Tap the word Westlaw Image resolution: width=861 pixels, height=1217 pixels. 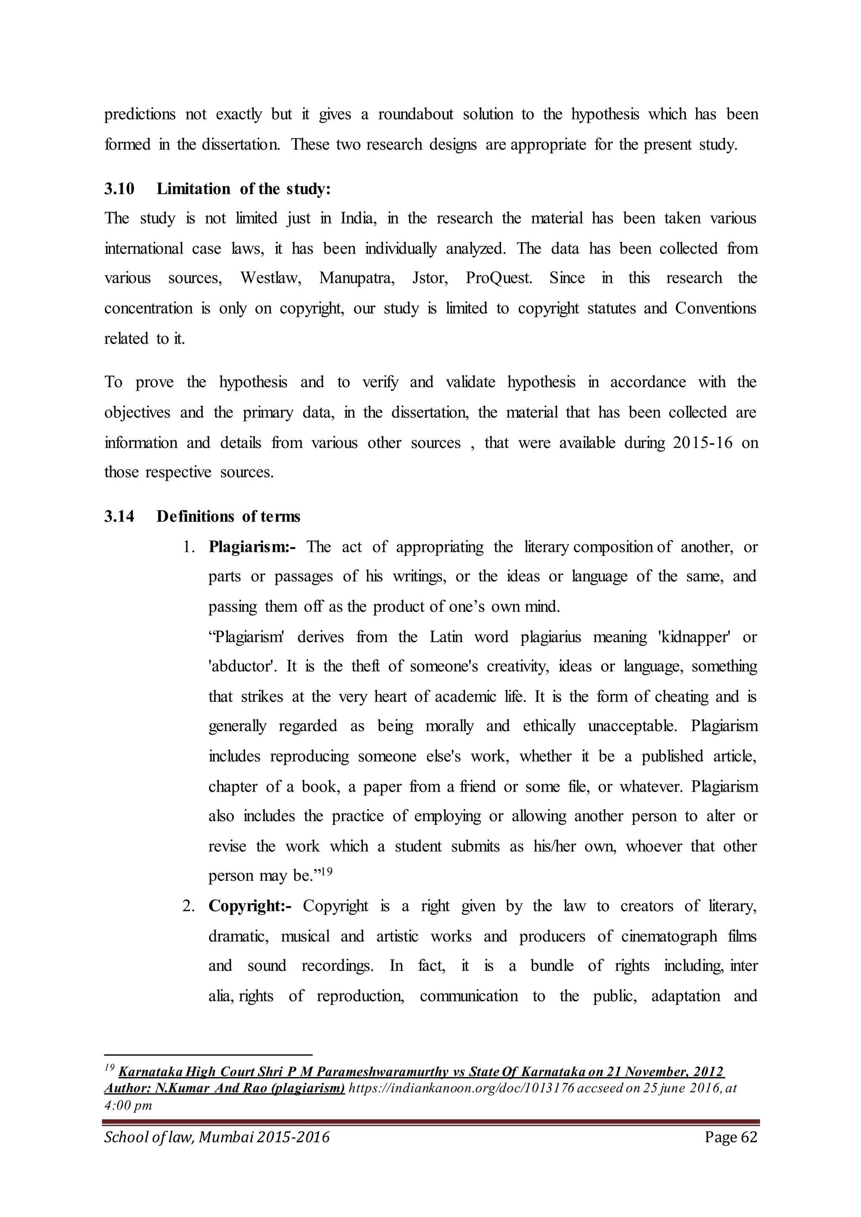(270, 278)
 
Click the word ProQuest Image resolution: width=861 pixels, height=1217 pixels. (498, 278)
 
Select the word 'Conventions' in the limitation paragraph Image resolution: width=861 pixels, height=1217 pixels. (715, 308)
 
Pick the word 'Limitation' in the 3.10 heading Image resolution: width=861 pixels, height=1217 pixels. (193, 189)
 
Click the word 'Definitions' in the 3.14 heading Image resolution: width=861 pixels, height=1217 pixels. (195, 516)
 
